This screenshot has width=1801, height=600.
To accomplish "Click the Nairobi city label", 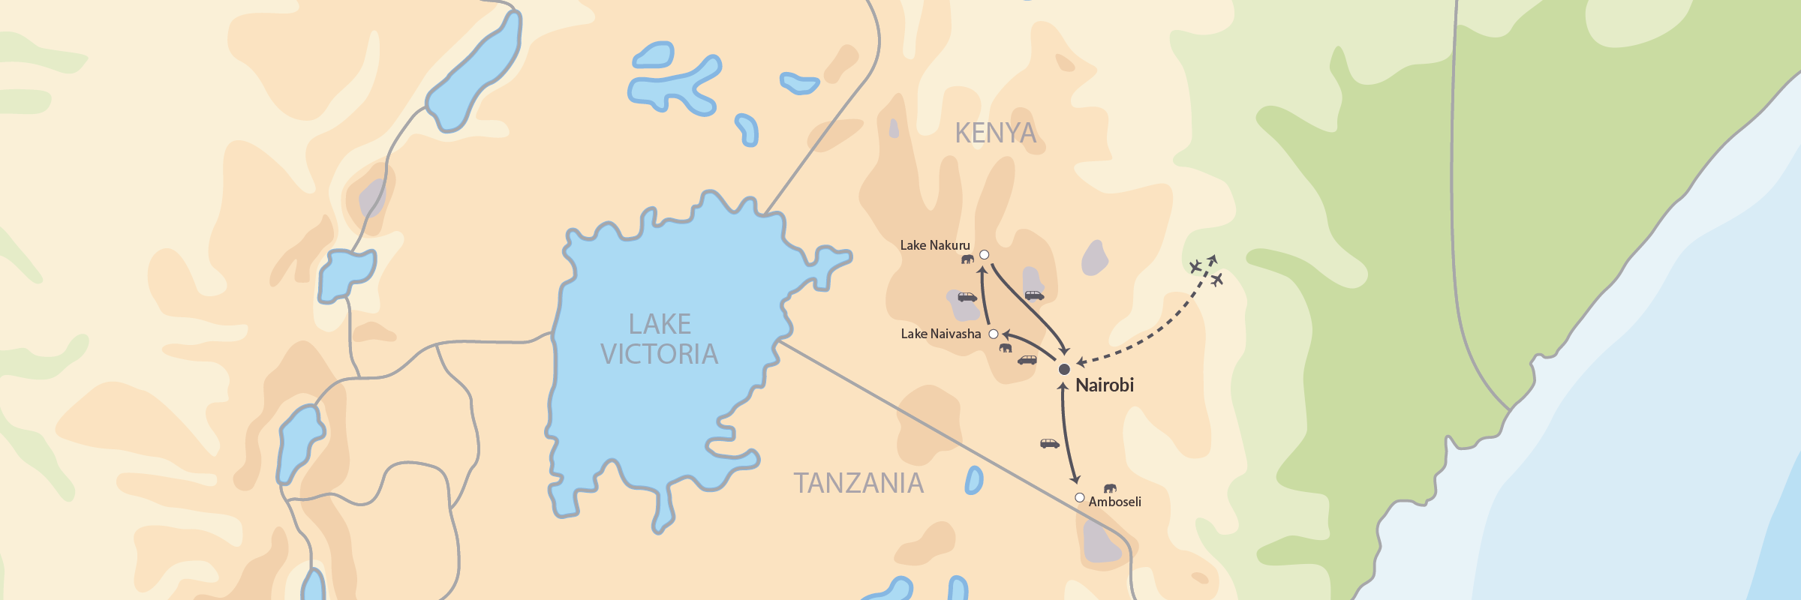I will point(1104,385).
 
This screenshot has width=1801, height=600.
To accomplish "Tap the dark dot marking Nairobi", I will point(1064,369).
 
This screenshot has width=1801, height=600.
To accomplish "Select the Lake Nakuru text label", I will point(934,245).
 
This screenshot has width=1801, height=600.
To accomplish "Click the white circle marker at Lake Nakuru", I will point(985,255).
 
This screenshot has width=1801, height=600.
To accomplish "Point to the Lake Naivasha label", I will point(940,334).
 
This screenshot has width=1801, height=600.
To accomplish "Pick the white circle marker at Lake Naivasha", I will point(994,334).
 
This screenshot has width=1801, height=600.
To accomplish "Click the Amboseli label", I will point(1114,502).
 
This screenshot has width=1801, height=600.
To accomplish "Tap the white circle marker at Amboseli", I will point(1079,497).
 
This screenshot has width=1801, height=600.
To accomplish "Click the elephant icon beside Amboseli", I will point(1110,488).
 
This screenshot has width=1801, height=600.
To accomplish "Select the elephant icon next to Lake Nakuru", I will point(967,259).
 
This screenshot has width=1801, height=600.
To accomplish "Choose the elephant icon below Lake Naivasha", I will point(1005,347).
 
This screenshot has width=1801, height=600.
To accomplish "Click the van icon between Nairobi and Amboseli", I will point(1049,443).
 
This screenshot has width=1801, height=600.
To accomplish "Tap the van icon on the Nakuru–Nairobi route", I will point(1034,295).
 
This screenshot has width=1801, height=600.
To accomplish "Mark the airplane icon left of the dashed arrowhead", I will point(1195,266).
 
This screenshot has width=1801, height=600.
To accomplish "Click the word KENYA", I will point(995,133).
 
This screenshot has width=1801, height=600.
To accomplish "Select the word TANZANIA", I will point(858,483).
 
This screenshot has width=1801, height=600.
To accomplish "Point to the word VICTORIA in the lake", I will point(659,354).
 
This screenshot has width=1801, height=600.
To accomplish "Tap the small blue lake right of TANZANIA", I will point(974,480).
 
